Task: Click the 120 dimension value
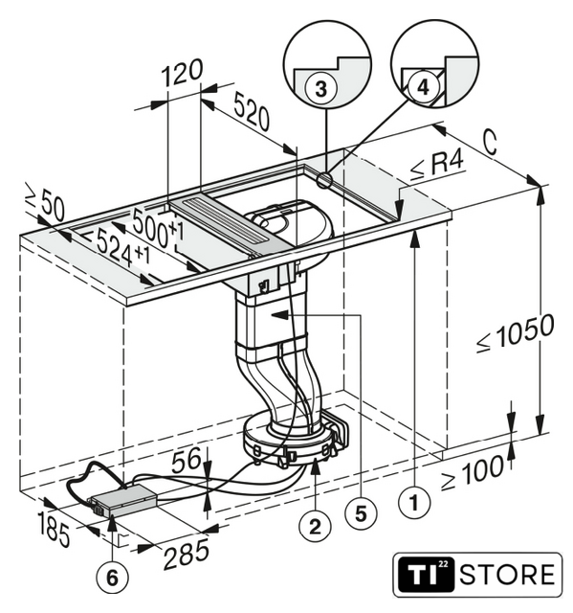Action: click(x=183, y=73)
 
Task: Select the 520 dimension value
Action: click(x=252, y=112)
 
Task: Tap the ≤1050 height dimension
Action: click(x=515, y=332)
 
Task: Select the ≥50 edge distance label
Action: click(x=45, y=202)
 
